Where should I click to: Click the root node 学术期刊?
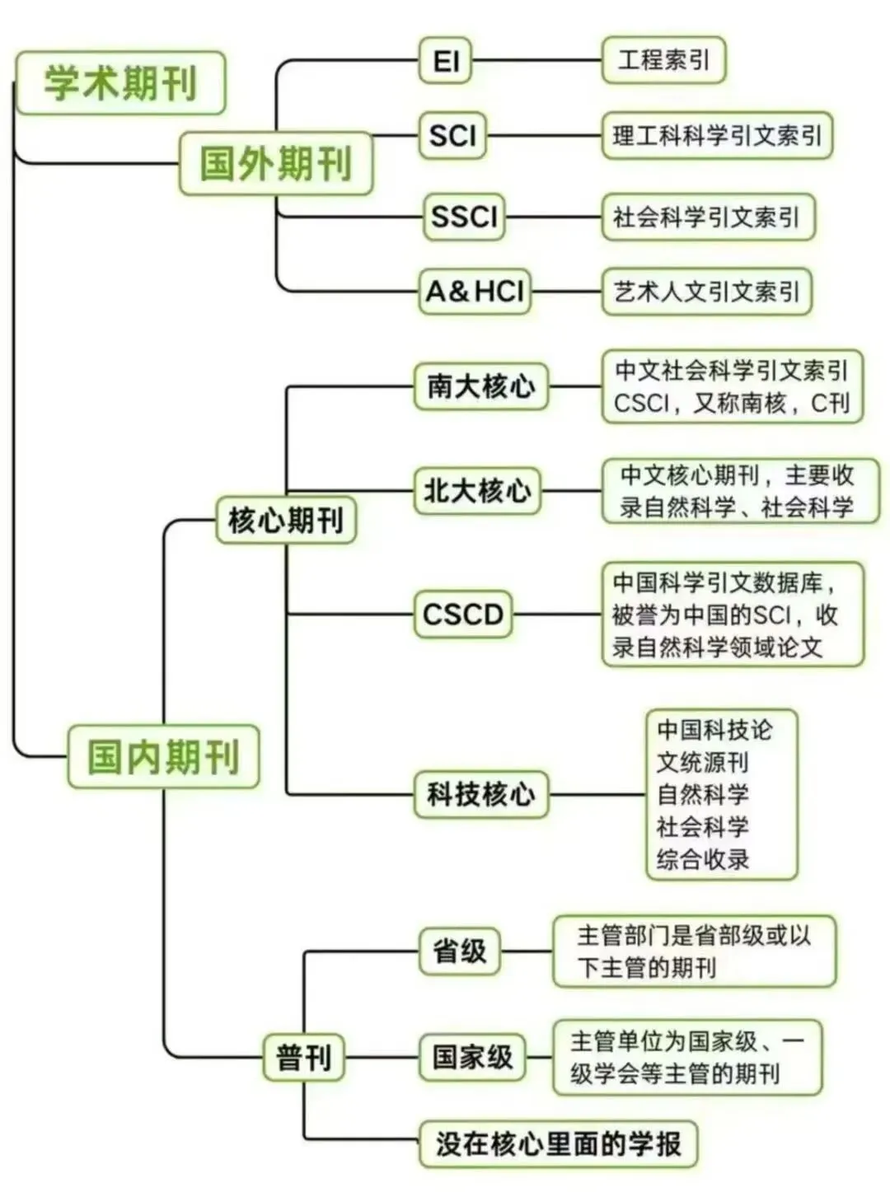pyautogui.click(x=120, y=83)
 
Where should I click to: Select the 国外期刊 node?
pyautogui.click(x=275, y=163)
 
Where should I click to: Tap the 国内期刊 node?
pyautogui.click(x=163, y=756)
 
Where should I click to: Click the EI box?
pyautogui.click(x=446, y=61)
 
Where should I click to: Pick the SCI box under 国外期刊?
pyautogui.click(x=452, y=135)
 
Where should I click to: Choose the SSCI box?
pyautogui.click(x=464, y=217)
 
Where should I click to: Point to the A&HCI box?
pyautogui.click(x=475, y=291)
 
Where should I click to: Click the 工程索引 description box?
pyautogui.click(x=663, y=60)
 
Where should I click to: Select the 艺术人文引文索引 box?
pyautogui.click(x=706, y=292)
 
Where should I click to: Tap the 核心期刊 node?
pyautogui.click(x=286, y=520)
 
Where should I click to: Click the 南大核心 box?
pyautogui.click(x=481, y=386)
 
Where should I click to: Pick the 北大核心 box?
pyautogui.click(x=478, y=491)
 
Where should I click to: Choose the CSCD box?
pyautogui.click(x=462, y=614)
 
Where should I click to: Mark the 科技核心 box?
pyautogui.click(x=481, y=794)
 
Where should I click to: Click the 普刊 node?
pyautogui.click(x=304, y=1057)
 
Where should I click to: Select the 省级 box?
pyautogui.click(x=460, y=951)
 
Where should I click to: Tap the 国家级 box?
pyautogui.click(x=473, y=1057)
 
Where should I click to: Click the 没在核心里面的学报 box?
pyautogui.click(x=558, y=1143)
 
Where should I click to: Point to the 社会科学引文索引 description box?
pyautogui.click(x=708, y=217)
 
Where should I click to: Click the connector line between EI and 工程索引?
pyautogui.click(x=536, y=61)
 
